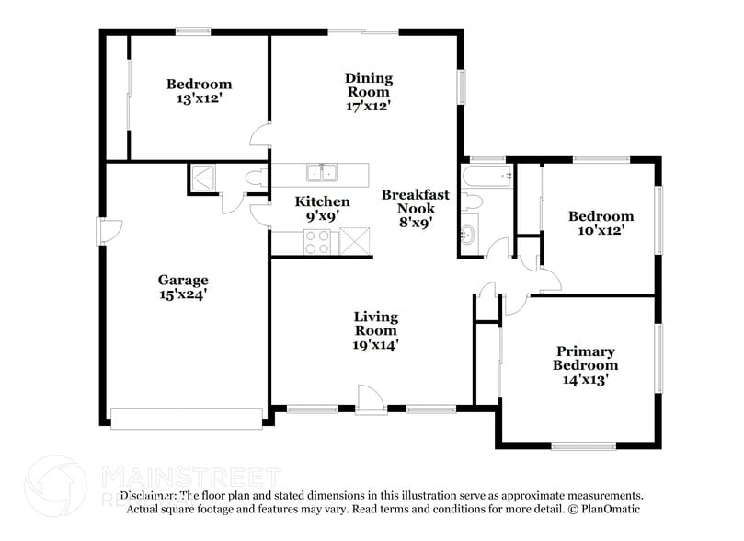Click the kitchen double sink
click(x=321, y=172)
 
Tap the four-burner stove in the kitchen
click(x=317, y=242)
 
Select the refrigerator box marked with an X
click(x=353, y=242)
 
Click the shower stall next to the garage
click(x=201, y=178)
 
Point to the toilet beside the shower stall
click(x=253, y=178)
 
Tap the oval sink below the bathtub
click(x=468, y=236)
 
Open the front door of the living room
click(x=370, y=401)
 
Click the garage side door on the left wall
click(x=108, y=232)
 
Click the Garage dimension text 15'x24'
click(x=182, y=294)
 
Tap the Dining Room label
click(x=368, y=85)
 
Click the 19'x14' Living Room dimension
click(x=375, y=344)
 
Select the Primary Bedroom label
click(x=585, y=358)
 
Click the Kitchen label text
click(x=322, y=201)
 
